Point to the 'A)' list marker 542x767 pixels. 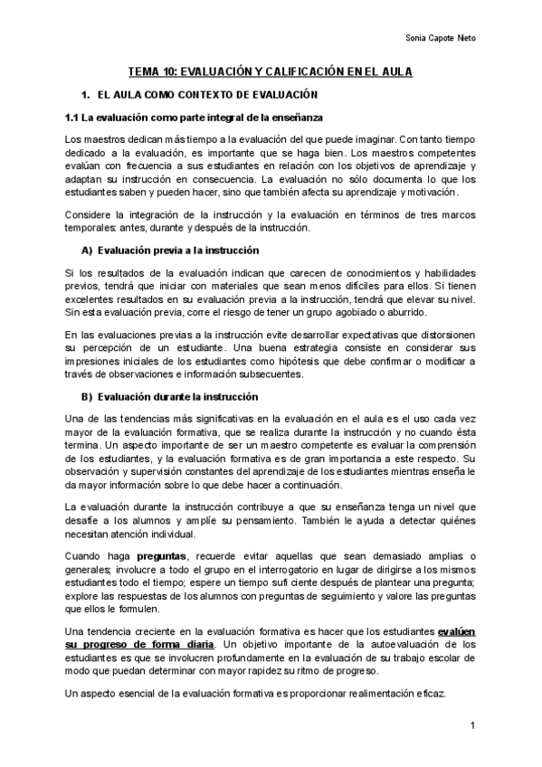(87, 250)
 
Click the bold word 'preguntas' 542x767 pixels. (162, 554)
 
